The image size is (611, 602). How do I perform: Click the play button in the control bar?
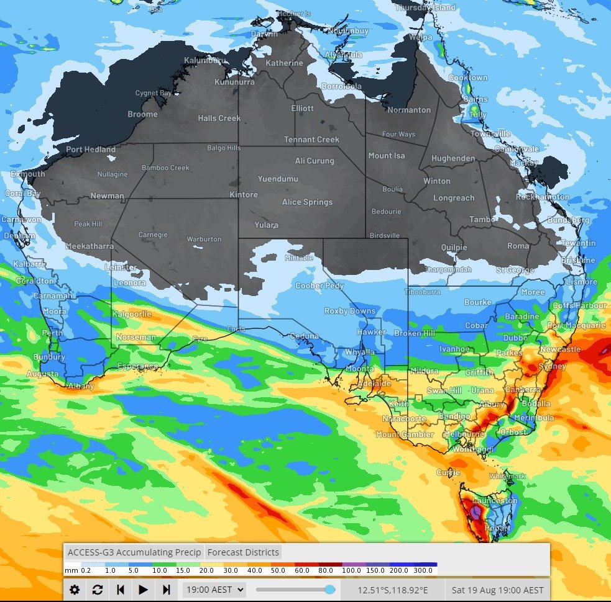144,590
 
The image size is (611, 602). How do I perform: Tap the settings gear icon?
75,590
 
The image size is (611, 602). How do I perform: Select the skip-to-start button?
121,590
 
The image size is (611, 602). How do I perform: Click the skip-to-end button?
166,590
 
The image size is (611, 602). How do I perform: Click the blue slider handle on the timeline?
330,590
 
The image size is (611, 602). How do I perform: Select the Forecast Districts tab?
243,552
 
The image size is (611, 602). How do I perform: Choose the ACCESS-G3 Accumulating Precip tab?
134,552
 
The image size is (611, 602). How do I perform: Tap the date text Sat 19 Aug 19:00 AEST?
497,590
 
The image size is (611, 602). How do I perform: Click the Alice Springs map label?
307,202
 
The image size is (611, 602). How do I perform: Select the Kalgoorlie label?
132,314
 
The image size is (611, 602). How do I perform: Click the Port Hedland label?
91,150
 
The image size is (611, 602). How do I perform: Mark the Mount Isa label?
386,156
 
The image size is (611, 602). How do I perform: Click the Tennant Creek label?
311,140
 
